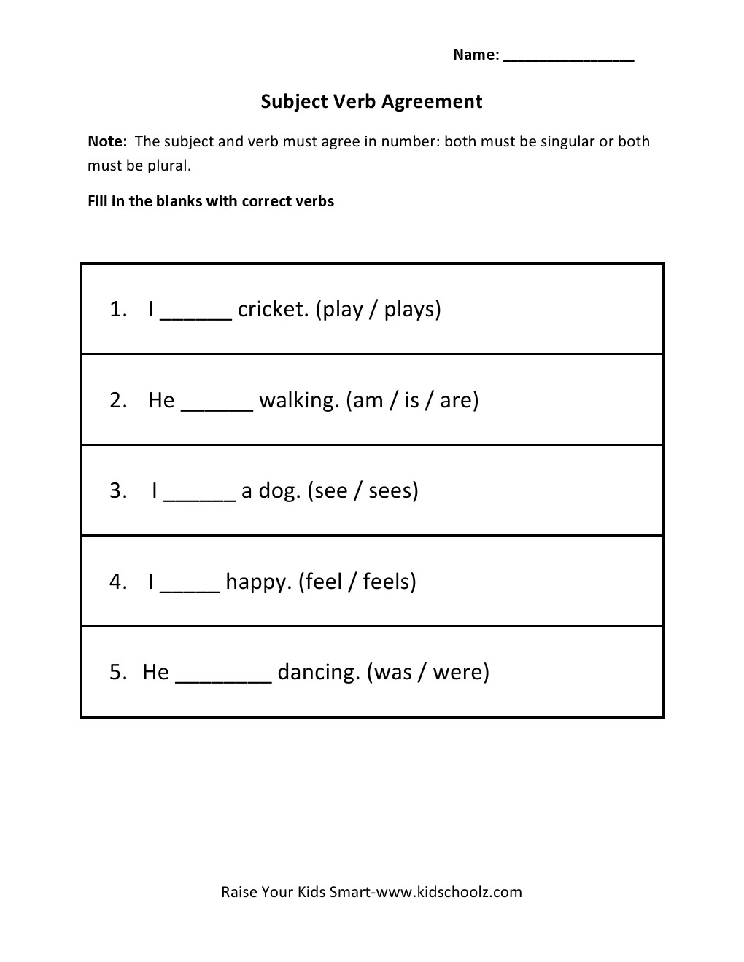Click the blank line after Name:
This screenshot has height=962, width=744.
click(x=569, y=58)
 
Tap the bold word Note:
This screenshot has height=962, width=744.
click(x=107, y=141)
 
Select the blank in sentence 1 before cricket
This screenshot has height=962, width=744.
click(x=195, y=315)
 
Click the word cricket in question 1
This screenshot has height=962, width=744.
click(x=274, y=309)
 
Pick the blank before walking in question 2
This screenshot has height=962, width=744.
click(x=217, y=406)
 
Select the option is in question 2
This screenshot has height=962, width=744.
click(x=412, y=400)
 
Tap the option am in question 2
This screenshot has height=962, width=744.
click(x=369, y=400)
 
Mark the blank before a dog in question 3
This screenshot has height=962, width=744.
click(x=200, y=497)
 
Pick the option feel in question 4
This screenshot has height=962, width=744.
click(x=324, y=581)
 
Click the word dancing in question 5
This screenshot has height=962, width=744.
click(x=319, y=673)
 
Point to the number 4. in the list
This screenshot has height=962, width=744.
click(x=118, y=582)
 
